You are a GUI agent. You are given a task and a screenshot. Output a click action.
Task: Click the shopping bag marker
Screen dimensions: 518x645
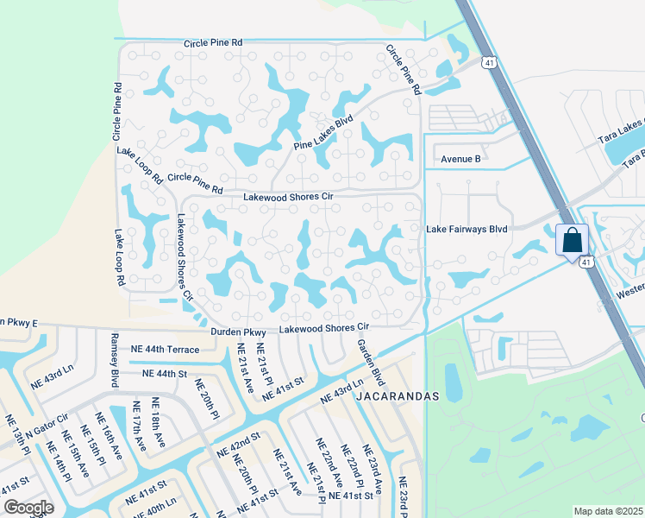[x=573, y=240]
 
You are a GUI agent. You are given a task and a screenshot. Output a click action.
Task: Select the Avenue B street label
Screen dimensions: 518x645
[x=460, y=159]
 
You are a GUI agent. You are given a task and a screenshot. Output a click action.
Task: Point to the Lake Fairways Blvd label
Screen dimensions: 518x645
[x=467, y=229]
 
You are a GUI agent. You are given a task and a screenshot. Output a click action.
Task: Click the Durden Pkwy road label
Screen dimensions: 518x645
[x=238, y=332]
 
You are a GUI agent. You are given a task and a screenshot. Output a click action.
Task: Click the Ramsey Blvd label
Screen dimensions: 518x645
[x=113, y=359]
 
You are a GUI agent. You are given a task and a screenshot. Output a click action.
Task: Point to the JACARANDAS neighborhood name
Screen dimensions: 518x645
[x=398, y=396]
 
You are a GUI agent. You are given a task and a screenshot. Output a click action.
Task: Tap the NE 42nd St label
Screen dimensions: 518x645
[x=238, y=447]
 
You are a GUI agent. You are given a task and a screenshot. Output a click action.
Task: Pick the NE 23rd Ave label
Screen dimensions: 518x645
[x=373, y=470]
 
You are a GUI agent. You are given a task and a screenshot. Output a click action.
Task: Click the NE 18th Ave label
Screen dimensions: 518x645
[x=158, y=421]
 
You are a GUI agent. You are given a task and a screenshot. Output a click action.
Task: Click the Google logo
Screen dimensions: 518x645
[x=28, y=508]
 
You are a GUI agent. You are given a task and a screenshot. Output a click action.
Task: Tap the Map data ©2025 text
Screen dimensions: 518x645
[x=608, y=511]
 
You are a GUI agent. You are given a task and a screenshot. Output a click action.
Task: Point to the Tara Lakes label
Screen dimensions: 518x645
[x=623, y=133]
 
